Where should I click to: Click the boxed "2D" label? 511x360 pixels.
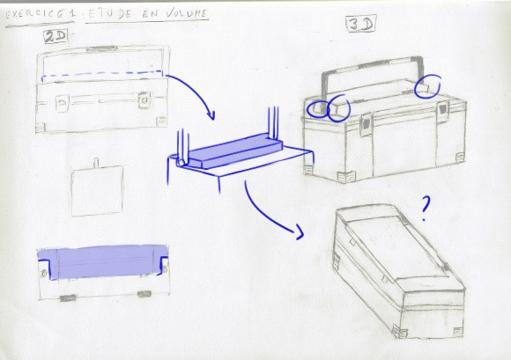56,37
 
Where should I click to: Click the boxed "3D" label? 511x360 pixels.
360,24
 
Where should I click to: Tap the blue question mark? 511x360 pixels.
425,209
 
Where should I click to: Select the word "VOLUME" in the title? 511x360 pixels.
186,14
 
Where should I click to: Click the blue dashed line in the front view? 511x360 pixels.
102,74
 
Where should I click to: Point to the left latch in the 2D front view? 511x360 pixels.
62,103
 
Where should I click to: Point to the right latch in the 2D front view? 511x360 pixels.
144,100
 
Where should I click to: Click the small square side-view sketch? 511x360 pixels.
97,190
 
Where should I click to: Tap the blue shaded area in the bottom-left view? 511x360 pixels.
103,261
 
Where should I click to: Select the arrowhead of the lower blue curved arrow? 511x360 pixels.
300,231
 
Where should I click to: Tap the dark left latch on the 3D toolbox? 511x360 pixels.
367,125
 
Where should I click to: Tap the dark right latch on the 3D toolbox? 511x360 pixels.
442,110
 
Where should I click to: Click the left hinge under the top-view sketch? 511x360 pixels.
68,298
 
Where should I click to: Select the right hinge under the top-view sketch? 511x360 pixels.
144,294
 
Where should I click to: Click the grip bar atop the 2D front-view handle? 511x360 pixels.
101,48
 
